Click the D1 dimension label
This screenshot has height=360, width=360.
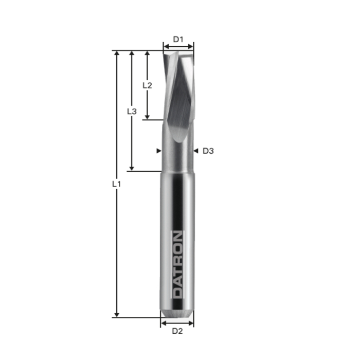click(x=178, y=39)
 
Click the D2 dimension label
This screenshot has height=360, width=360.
click(x=177, y=331)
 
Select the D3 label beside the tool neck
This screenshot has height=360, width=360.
click(x=208, y=151)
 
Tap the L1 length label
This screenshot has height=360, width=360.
click(x=117, y=184)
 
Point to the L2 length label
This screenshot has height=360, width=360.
click(x=147, y=85)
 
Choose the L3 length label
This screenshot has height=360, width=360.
click(x=132, y=111)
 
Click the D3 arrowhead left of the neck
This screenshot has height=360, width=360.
click(x=158, y=151)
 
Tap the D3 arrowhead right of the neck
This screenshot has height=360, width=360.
click(x=196, y=151)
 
